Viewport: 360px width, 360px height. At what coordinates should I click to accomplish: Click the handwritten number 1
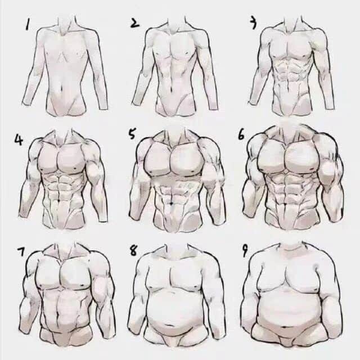click(28, 24)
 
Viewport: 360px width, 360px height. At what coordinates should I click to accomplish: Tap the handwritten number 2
click(134, 22)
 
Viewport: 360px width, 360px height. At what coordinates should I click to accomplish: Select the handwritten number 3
click(253, 23)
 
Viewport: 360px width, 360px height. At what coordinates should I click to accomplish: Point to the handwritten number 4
click(19, 139)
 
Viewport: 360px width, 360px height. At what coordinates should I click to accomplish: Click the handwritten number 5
click(132, 134)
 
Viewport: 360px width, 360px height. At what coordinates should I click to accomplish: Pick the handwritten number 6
click(241, 135)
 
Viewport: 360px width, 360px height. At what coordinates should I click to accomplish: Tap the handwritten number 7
click(21, 251)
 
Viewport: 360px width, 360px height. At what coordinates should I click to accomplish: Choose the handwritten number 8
click(133, 250)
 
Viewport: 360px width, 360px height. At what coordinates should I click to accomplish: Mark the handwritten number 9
click(245, 250)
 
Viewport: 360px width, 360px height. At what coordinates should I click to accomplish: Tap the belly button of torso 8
click(170, 325)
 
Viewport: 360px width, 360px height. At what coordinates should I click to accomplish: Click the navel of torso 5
click(172, 203)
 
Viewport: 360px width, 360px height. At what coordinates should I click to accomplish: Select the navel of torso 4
click(59, 201)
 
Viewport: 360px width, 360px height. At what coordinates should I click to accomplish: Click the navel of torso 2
click(172, 88)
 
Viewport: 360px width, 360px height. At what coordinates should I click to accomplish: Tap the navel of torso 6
click(285, 204)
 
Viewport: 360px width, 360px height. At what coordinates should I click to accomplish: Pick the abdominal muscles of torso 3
click(289, 70)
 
